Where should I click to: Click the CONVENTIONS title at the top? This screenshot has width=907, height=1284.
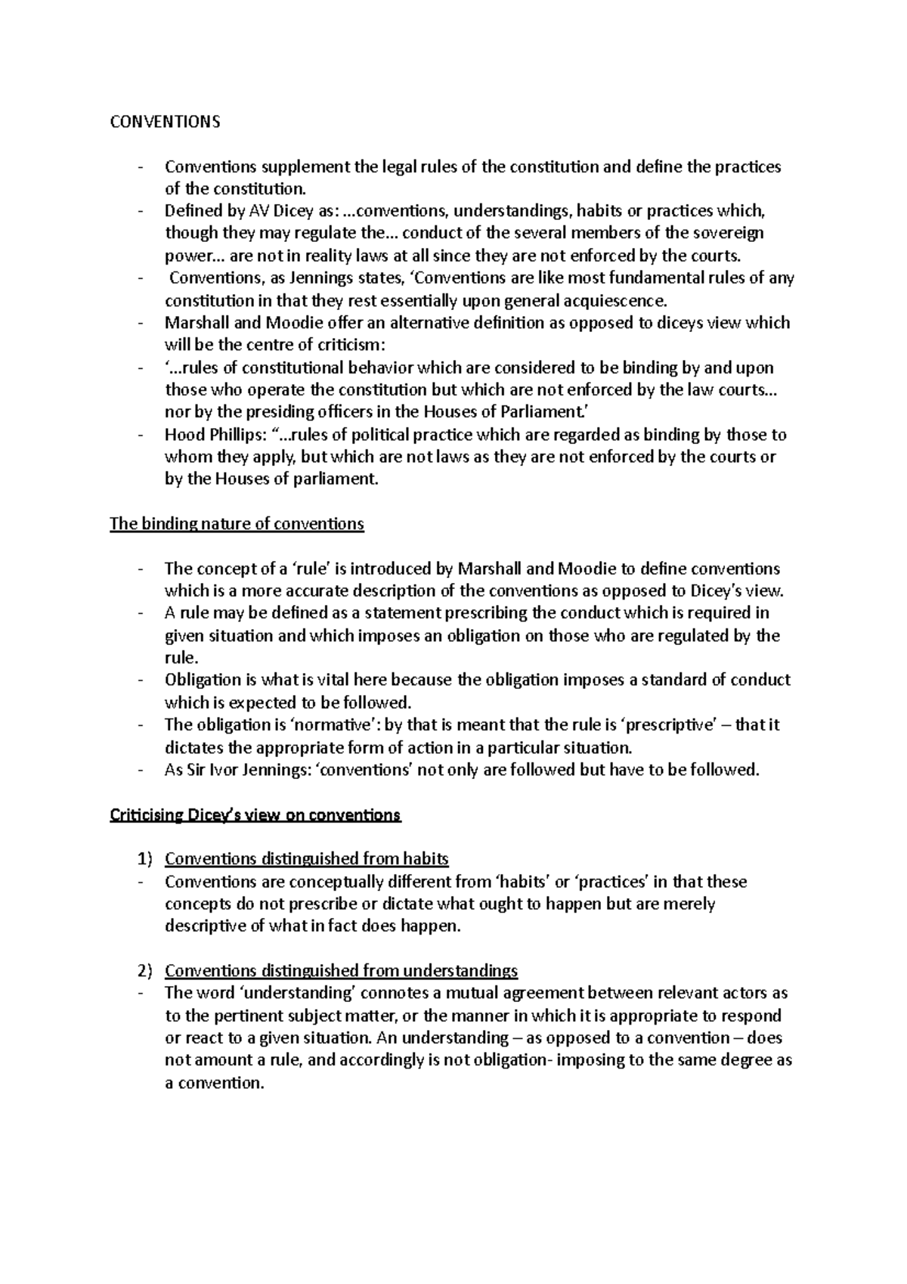coord(165,122)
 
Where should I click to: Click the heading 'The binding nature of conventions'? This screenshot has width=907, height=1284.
coord(237,523)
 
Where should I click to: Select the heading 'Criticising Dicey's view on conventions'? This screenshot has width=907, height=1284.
coord(255,815)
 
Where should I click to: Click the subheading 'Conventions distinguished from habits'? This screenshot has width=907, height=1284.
coord(307,859)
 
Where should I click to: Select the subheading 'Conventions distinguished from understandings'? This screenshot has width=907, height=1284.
coord(341,970)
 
